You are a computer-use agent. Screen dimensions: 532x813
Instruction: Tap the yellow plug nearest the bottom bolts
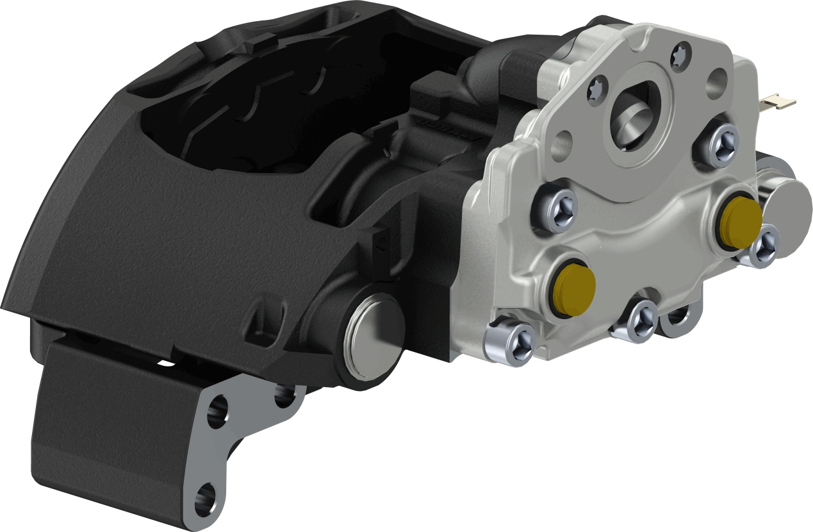click(573, 289)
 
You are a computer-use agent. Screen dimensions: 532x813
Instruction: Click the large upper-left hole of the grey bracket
click(218, 410)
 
